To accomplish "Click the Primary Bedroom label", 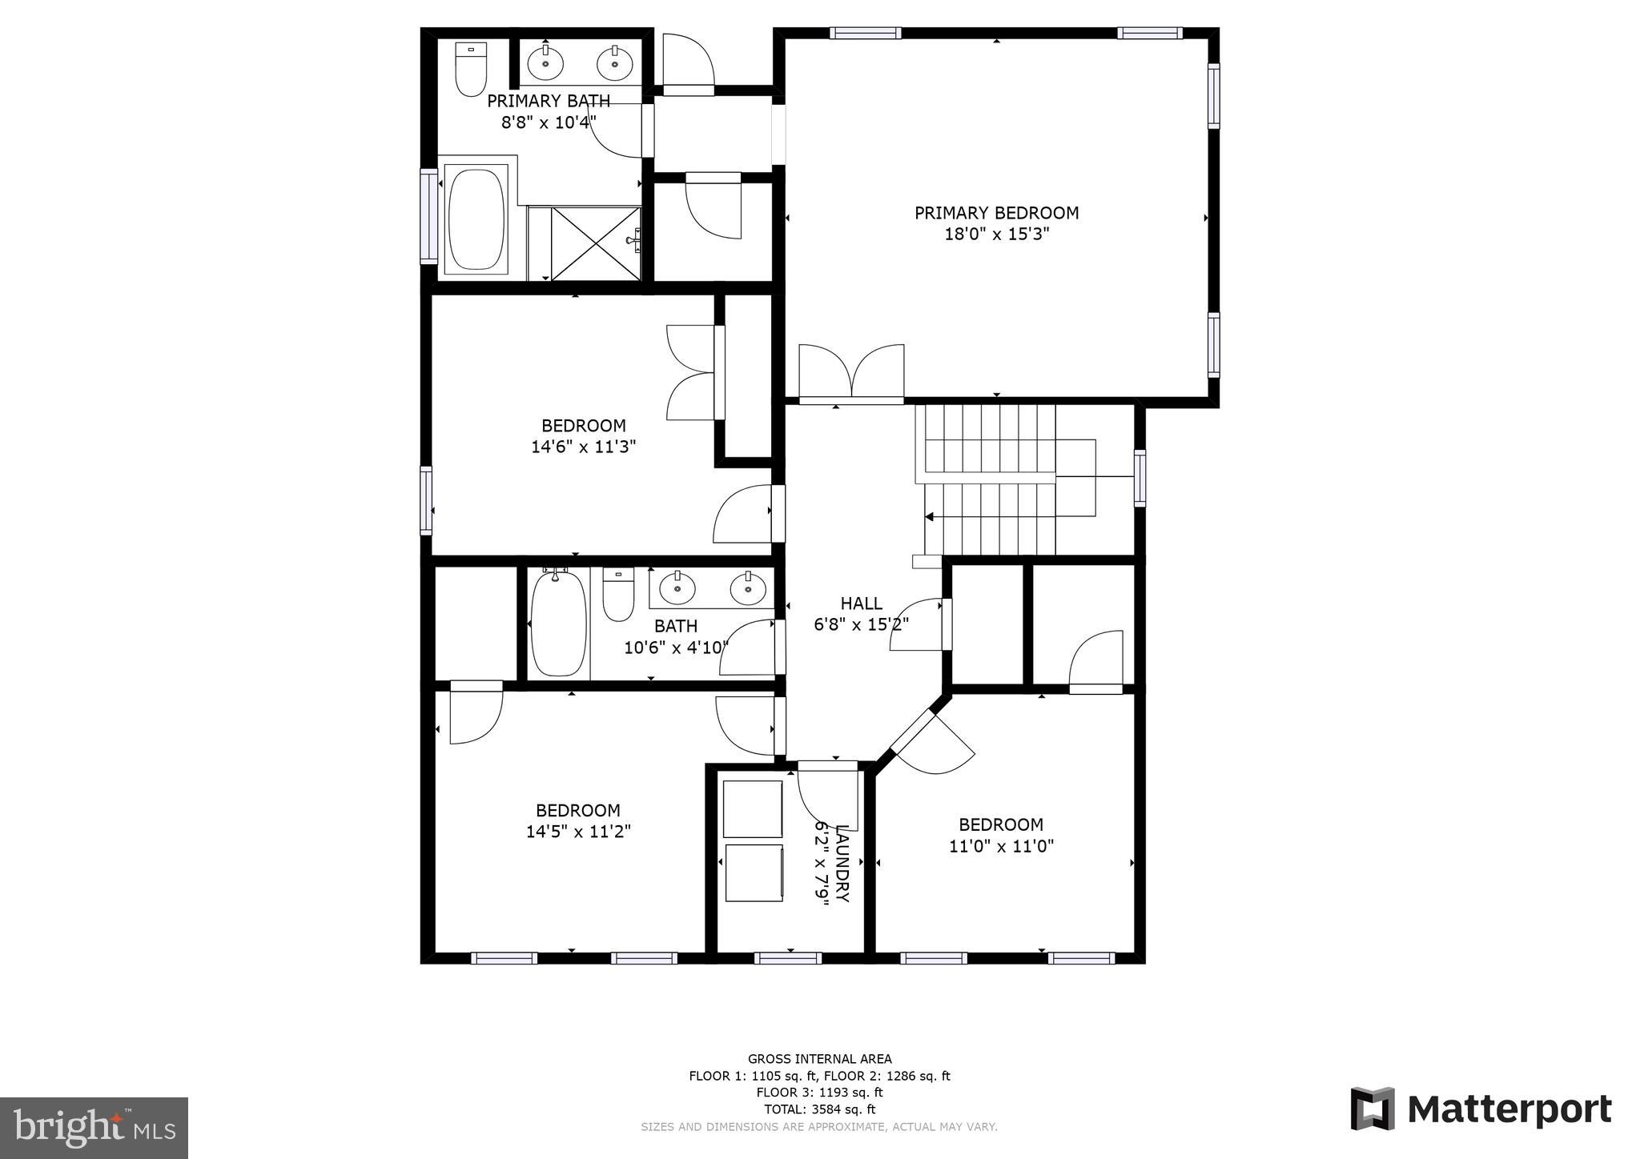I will click(x=996, y=213).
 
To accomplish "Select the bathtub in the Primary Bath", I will click(x=476, y=219).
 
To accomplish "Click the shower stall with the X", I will click(x=596, y=243).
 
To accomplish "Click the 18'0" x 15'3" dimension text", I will click(x=996, y=235).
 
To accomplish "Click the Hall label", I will click(x=861, y=604).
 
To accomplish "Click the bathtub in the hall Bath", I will click(x=558, y=624).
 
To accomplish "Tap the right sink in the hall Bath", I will click(x=748, y=588).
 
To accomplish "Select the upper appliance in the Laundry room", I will click(x=752, y=809).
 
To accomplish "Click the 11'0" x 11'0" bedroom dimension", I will click(x=1001, y=846).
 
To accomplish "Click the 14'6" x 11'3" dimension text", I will click(x=583, y=447).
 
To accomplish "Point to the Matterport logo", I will click(x=1481, y=1109).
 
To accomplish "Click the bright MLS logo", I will click(x=94, y=1128).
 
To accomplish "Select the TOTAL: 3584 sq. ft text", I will click(x=819, y=1109).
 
